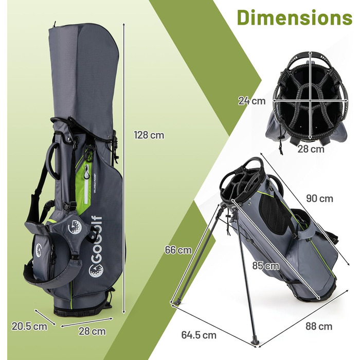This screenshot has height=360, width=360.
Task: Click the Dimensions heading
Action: (294, 17)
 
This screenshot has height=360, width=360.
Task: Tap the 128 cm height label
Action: (149, 135)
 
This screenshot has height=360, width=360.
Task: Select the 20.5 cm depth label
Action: (29, 326)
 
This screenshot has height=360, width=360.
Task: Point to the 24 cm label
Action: (251, 101)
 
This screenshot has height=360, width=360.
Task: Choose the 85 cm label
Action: (265, 266)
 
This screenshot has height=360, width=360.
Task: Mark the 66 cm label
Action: (178, 250)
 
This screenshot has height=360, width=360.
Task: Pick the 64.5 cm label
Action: (199, 335)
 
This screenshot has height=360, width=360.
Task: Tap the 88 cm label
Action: (318, 326)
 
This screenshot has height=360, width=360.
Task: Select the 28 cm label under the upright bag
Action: (92, 331)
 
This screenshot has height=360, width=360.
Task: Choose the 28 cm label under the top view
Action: (311, 149)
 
